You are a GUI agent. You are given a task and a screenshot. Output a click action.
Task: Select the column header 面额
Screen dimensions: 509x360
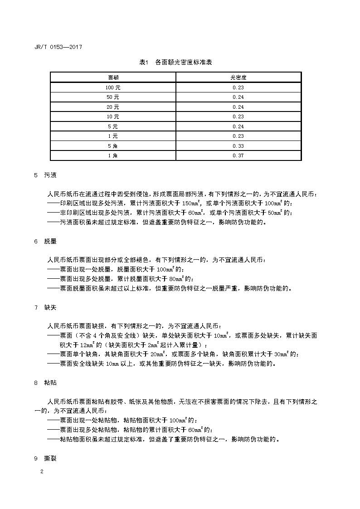(112, 78)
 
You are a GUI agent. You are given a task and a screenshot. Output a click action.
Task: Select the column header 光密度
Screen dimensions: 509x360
(238, 78)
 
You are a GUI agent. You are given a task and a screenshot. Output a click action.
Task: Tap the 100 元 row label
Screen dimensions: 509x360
(112, 87)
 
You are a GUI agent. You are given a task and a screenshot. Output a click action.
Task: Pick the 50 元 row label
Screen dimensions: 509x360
(112, 97)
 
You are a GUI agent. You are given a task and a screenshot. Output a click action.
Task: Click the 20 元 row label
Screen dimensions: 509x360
(112, 107)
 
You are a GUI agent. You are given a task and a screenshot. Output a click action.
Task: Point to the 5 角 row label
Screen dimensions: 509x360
(112, 146)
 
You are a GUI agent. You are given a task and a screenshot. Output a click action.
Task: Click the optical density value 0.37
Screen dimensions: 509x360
(238, 155)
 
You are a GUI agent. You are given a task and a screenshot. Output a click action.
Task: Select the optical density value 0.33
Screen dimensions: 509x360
(238, 146)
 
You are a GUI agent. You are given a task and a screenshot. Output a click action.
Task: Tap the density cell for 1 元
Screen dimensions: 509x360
(238, 136)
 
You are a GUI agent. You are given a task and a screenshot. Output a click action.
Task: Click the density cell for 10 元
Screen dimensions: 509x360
(238, 116)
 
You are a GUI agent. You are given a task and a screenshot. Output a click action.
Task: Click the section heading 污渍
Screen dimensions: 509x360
(50, 175)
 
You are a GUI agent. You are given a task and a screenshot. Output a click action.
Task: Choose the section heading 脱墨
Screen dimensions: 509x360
(50, 241)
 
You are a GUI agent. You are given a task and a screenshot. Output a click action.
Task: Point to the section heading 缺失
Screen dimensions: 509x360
(50, 308)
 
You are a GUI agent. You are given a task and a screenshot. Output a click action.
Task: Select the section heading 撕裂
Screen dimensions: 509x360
(50, 458)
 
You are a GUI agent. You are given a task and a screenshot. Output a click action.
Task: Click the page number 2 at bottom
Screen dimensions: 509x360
(42, 472)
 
